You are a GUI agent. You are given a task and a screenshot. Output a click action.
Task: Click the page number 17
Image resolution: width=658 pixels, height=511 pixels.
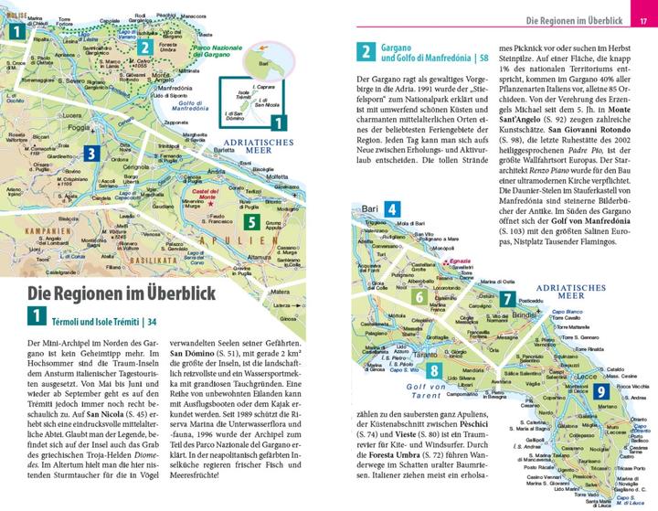click(642, 20)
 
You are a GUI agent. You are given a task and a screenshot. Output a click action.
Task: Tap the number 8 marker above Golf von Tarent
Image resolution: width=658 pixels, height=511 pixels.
click(435, 370)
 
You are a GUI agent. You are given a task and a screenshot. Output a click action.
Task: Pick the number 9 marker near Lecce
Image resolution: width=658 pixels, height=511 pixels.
click(601, 393)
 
